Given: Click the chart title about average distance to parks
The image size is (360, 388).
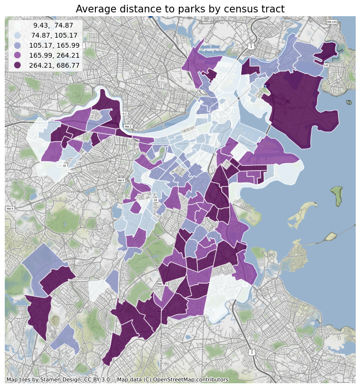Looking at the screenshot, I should point(180,9).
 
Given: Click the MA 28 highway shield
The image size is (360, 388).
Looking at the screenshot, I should point(155,200).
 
